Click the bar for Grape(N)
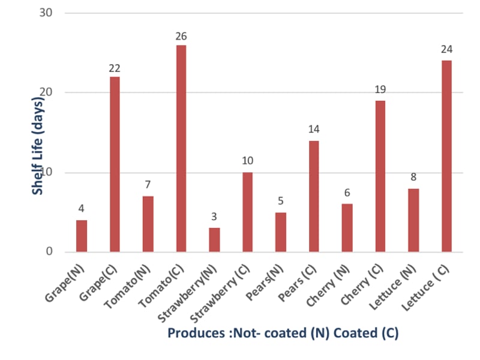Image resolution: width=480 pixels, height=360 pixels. pyautogui.click(x=81, y=236)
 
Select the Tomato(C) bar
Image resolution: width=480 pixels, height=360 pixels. pyautogui.click(x=181, y=148)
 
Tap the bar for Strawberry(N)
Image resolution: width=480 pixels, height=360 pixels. pyautogui.click(x=214, y=239)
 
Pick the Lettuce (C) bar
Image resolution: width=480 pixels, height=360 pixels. pyautogui.click(x=446, y=156)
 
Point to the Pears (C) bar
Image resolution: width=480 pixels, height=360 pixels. pyautogui.click(x=314, y=196)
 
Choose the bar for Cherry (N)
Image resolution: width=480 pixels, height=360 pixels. pyautogui.click(x=347, y=228)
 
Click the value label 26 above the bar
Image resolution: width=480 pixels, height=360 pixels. pyautogui.click(x=181, y=36)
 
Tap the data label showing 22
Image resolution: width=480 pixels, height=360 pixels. pyautogui.click(x=115, y=68)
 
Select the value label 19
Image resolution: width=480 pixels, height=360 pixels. pyautogui.click(x=380, y=89)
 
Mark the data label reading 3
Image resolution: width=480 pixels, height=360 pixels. pyautogui.click(x=214, y=216)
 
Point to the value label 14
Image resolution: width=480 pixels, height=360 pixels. pyautogui.click(x=314, y=129)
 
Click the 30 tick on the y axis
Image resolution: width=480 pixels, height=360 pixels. pyautogui.click(x=46, y=12)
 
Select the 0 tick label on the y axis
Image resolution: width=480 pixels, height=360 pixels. pyautogui.click(x=50, y=251)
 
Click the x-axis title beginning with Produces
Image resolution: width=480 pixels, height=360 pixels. pyautogui.click(x=283, y=333)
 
